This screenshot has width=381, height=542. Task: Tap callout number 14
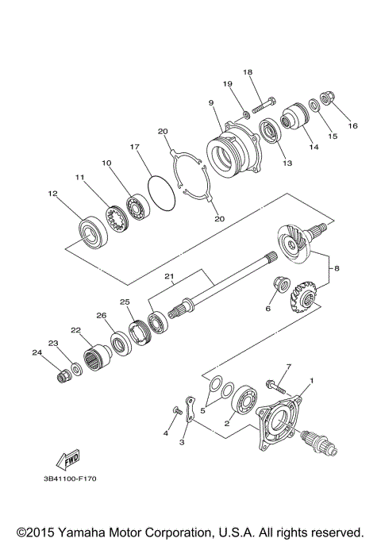click(x=304, y=147)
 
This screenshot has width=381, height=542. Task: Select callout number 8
click(x=337, y=268)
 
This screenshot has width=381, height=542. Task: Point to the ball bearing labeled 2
click(x=243, y=401)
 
